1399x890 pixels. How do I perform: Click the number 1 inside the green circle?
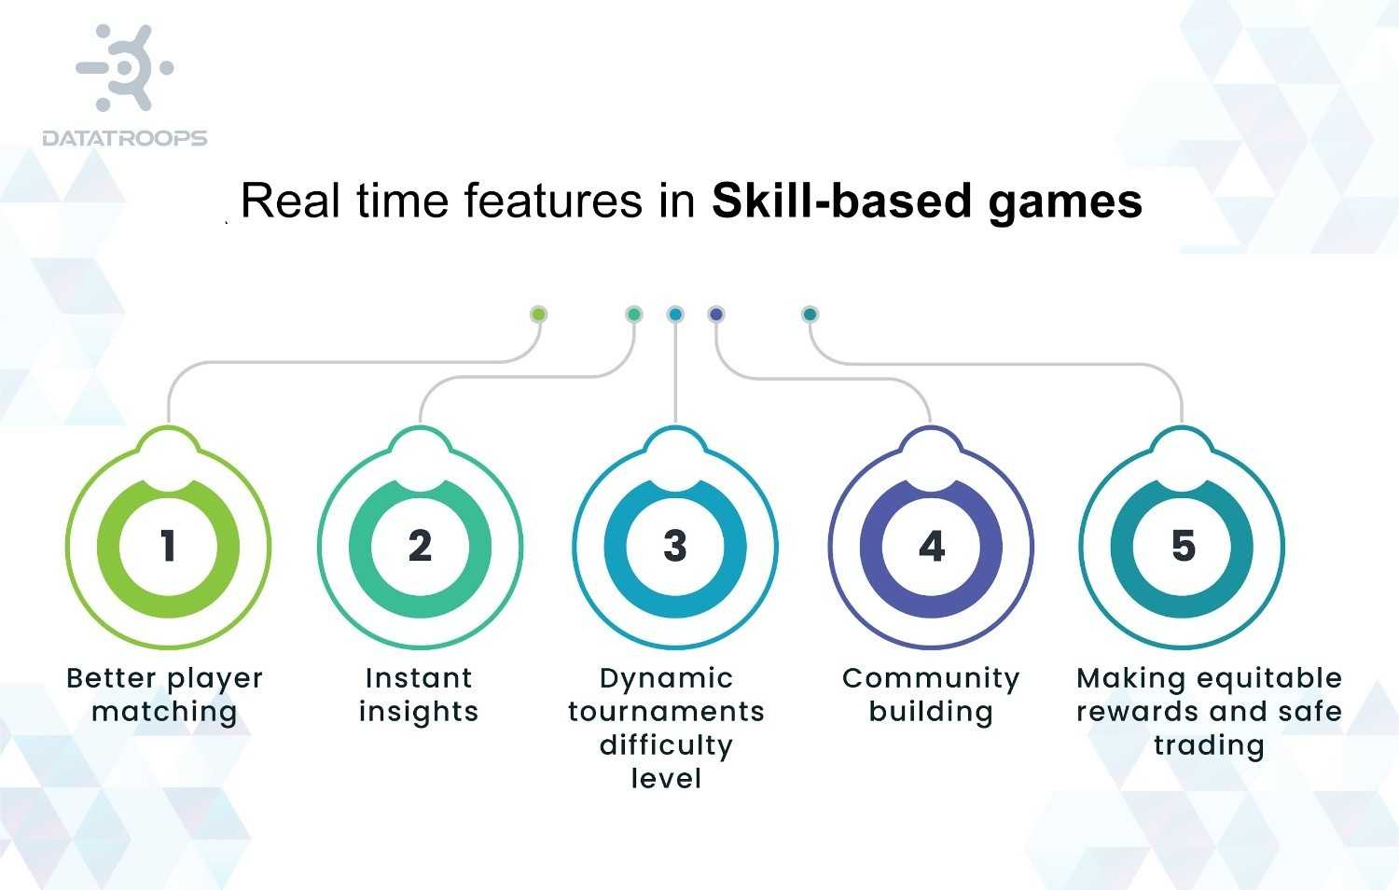click(168, 547)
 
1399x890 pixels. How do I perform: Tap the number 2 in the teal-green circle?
click(420, 547)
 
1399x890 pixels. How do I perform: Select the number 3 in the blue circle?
click(675, 547)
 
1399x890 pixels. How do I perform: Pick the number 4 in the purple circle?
click(931, 547)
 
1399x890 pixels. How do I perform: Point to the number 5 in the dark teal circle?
click(1183, 547)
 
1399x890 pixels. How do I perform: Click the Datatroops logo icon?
click(125, 68)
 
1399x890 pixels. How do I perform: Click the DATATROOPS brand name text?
click(125, 138)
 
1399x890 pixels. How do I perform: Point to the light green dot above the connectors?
click(538, 314)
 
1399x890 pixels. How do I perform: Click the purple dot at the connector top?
click(716, 314)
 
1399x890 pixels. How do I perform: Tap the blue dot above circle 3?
click(675, 314)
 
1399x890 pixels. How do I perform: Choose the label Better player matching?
click(165, 695)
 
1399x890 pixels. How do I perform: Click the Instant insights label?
click(419, 695)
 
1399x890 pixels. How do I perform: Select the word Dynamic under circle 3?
click(666, 679)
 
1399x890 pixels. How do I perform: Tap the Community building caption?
click(931, 695)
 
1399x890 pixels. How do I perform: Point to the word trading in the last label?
click(1209, 745)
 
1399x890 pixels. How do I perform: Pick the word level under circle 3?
click(666, 778)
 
